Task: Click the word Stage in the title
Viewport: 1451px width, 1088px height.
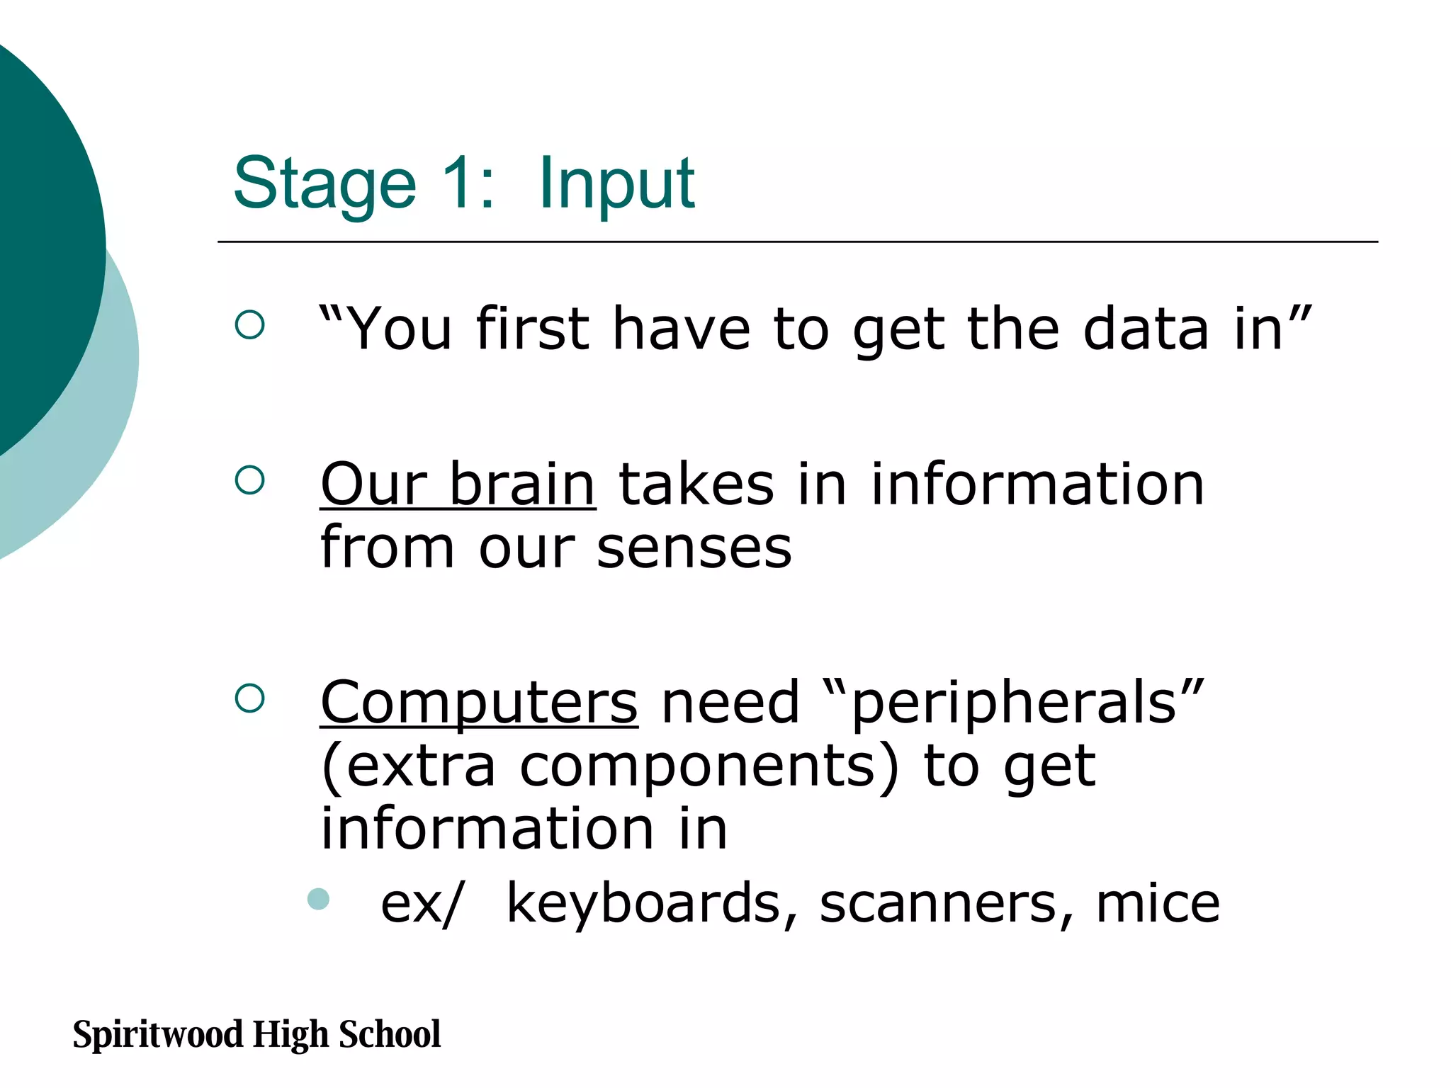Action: [x=324, y=184]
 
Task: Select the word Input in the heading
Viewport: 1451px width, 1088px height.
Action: [x=616, y=184]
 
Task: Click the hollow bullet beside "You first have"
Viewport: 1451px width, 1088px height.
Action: [x=249, y=325]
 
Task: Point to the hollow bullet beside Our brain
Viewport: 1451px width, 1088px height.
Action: [x=249, y=480]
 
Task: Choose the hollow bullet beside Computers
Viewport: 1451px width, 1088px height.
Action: [x=249, y=698]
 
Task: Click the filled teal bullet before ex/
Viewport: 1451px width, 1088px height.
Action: [x=319, y=899]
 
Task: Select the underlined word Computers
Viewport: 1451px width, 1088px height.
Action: [x=479, y=703]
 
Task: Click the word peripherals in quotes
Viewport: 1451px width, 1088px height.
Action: [x=1014, y=704]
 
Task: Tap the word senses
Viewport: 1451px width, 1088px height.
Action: [x=694, y=548]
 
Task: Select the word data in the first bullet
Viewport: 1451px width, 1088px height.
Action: [x=1146, y=329]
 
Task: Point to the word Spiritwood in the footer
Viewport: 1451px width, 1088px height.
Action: [x=158, y=1034]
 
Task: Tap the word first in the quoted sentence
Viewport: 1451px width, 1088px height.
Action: [x=533, y=329]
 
